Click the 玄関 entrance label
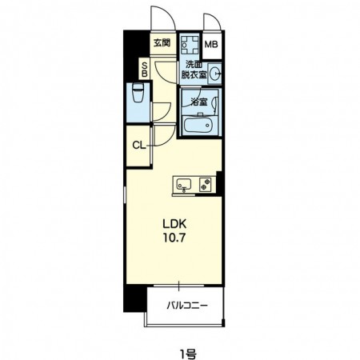tap(162, 42)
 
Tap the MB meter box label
tap(211, 44)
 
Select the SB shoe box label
tap(144, 70)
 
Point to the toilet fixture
tap(138, 93)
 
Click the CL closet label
tap(138, 146)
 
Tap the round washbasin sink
tap(215, 74)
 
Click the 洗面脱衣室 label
tap(194, 70)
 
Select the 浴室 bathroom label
tap(199, 102)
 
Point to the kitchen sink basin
tap(184, 184)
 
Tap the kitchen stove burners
tap(206, 184)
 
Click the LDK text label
tap(174, 224)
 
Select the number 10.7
tap(174, 238)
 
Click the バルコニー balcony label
tap(187, 306)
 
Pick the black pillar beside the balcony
tap(135, 298)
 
